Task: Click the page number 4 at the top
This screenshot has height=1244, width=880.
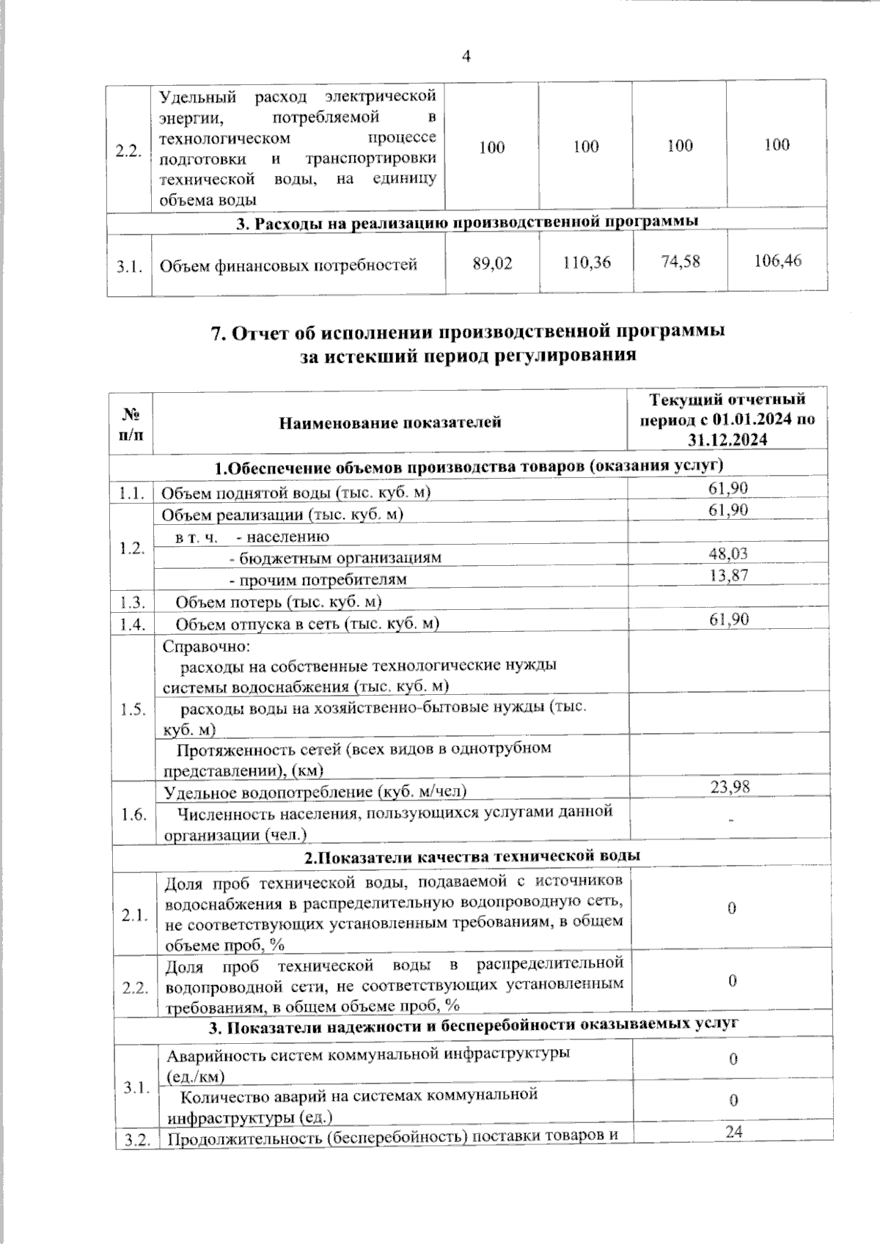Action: click(466, 56)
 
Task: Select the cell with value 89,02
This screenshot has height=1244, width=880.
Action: click(493, 263)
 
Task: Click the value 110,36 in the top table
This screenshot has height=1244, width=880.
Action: click(587, 262)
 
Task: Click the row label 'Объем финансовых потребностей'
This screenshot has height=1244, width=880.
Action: click(288, 265)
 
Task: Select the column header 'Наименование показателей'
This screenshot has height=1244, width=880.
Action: click(389, 422)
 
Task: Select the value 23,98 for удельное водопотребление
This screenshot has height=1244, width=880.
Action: click(730, 787)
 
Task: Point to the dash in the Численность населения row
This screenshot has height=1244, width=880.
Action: click(730, 821)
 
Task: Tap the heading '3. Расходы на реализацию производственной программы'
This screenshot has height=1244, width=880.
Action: click(466, 223)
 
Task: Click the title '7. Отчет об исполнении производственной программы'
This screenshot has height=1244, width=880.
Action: click(467, 332)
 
